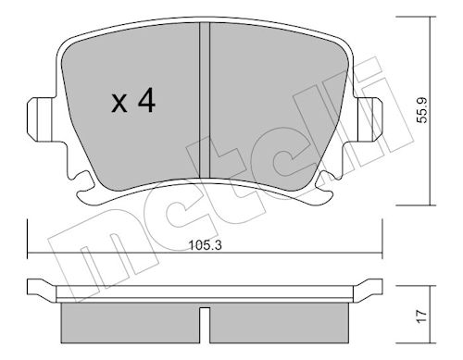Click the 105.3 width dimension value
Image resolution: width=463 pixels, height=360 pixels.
pyautogui.click(x=206, y=245)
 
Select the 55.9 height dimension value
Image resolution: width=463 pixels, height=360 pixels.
pyautogui.click(x=422, y=110)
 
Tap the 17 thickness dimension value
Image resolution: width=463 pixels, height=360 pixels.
pyautogui.click(x=422, y=317)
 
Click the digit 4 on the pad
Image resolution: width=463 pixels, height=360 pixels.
pyautogui.click(x=146, y=100)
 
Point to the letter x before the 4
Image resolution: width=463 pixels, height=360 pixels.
pyautogui.click(x=119, y=104)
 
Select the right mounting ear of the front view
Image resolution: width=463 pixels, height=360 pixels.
pyautogui.click(x=369, y=119)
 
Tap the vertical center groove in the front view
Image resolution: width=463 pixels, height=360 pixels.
pyautogui.click(x=205, y=100)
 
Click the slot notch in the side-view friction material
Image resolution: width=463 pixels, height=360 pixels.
pyautogui.click(x=205, y=325)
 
